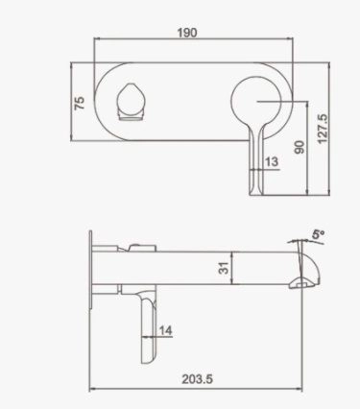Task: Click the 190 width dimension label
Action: coord(187,33)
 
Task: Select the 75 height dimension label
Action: coord(81,100)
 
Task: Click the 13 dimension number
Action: coord(271,162)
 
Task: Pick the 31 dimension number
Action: coord(222,271)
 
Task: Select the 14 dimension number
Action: coord(166,330)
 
